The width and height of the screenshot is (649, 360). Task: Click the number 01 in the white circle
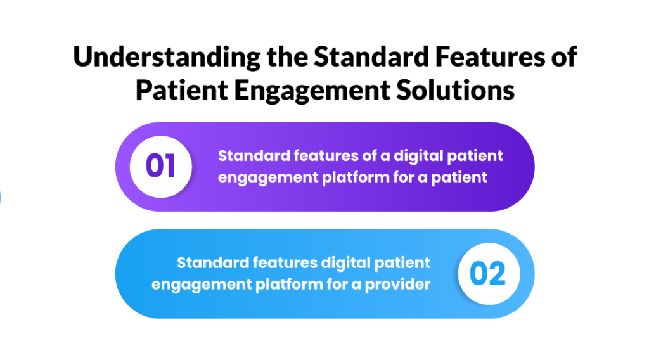[160, 166]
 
